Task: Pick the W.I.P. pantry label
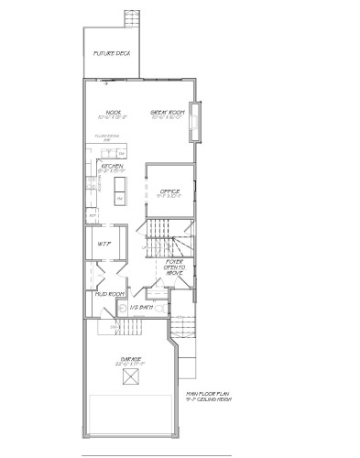tap(104, 244)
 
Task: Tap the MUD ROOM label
tap(110, 294)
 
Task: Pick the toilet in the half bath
tap(157, 310)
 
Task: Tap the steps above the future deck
tap(130, 19)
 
